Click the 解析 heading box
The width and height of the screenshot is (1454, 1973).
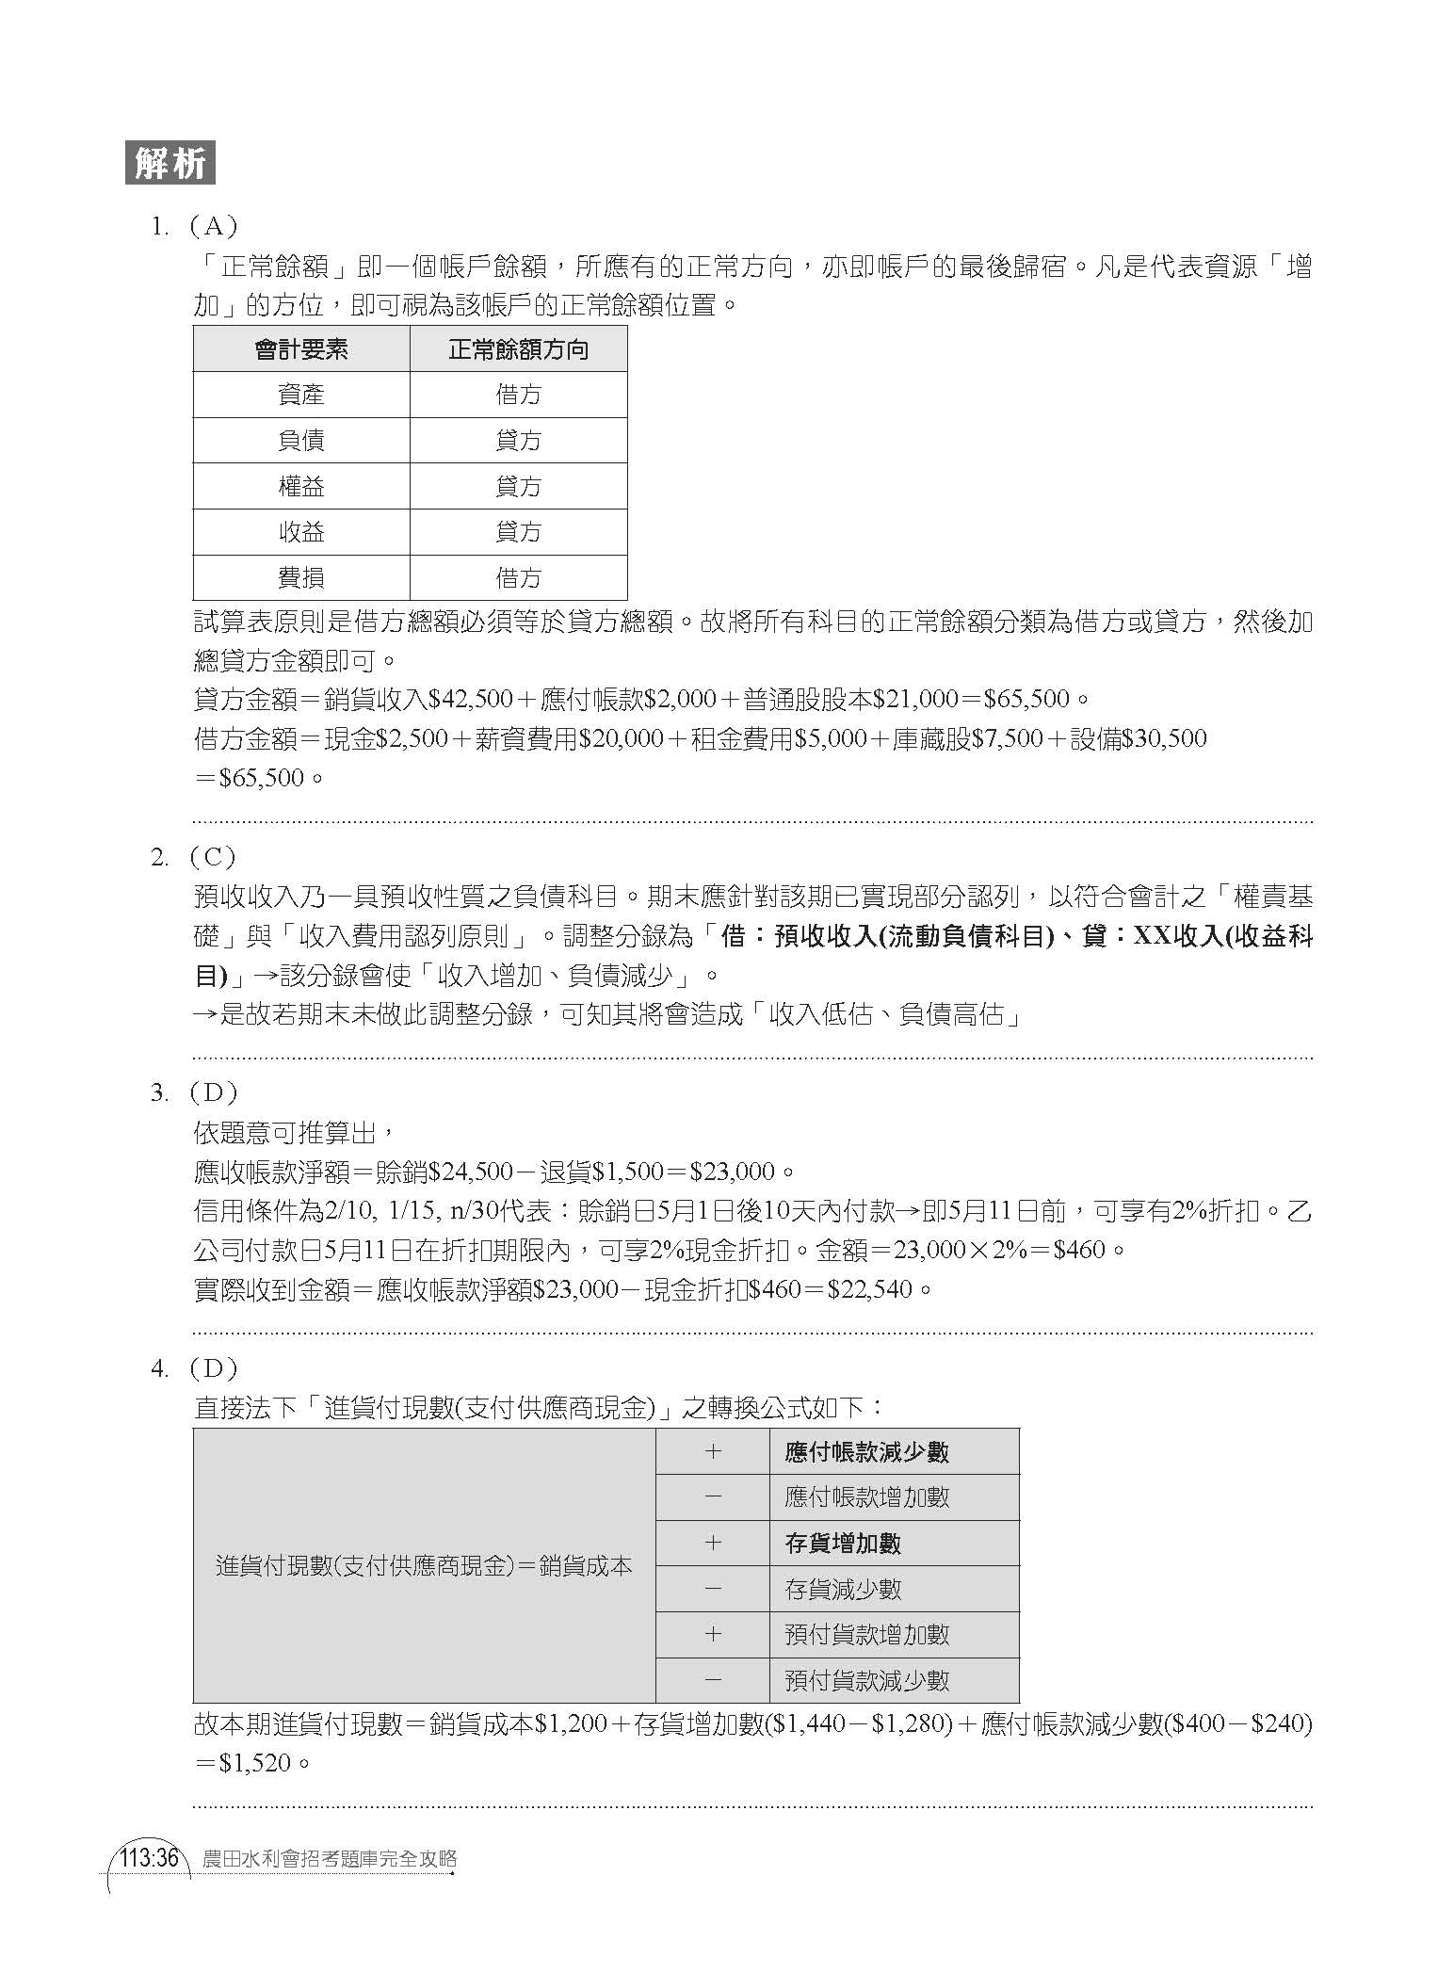pyautogui.click(x=170, y=164)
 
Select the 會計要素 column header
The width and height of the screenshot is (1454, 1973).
pyautogui.click(x=301, y=349)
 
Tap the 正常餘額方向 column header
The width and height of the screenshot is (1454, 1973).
pyautogui.click(x=518, y=349)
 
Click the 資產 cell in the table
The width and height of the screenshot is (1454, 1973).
pyautogui.click(x=301, y=395)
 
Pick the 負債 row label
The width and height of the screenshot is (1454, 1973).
pyautogui.click(x=301, y=441)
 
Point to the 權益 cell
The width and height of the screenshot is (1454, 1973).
pyautogui.click(x=301, y=487)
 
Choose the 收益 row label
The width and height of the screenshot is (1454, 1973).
pyautogui.click(x=301, y=533)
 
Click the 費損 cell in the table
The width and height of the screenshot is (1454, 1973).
pyautogui.click(x=301, y=578)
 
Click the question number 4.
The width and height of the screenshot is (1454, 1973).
pyautogui.click(x=159, y=1368)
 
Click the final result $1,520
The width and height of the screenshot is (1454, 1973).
pyautogui.click(x=253, y=1763)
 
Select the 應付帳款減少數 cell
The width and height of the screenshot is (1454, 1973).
pyautogui.click(x=866, y=1452)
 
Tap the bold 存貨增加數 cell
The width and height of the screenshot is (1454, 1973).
pyautogui.click(x=843, y=1544)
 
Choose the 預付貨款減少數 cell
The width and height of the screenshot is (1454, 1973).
pyautogui.click(x=866, y=1680)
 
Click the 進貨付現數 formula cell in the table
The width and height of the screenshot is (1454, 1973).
pyautogui.click(x=424, y=1566)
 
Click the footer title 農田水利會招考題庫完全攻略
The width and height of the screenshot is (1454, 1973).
pyautogui.click(x=330, y=1858)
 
